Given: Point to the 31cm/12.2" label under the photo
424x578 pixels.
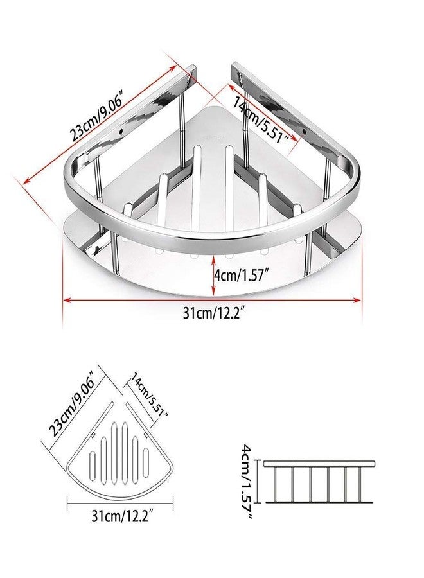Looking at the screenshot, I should click(213, 315).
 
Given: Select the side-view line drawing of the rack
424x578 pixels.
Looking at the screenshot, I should click(318, 482).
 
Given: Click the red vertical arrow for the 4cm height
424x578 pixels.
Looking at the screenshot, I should click(213, 273).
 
